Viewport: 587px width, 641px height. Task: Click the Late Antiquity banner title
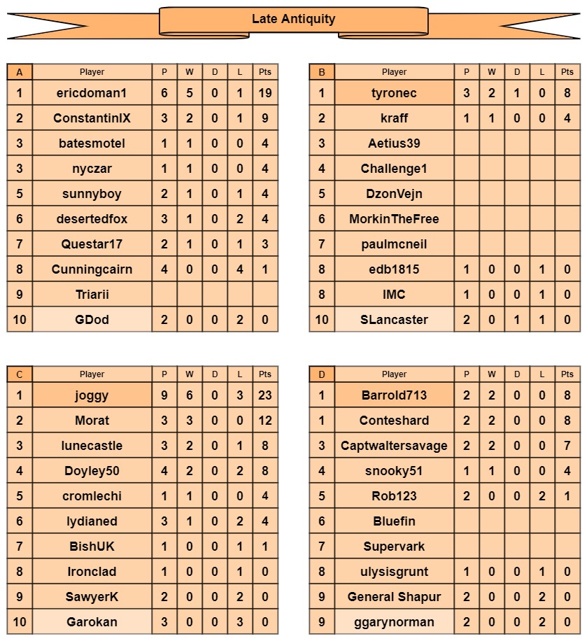293,20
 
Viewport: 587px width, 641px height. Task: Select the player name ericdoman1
92,93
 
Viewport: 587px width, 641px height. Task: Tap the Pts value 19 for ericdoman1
265,93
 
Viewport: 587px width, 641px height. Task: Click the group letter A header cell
20,72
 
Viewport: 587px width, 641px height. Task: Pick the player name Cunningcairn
92,269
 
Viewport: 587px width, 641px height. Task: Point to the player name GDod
92,320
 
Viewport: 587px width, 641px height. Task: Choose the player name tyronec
394,93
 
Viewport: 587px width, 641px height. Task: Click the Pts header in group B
567,72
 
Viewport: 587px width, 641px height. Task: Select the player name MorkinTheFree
394,219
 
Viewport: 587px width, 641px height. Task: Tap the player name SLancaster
394,320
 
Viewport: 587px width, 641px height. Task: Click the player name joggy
92,395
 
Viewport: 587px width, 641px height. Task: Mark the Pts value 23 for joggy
265,395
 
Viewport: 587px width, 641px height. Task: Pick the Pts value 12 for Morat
265,421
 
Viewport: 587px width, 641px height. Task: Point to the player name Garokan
92,622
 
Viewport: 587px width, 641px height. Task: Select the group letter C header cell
20,374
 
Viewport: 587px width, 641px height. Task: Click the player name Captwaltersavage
394,446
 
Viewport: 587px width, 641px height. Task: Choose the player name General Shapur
394,597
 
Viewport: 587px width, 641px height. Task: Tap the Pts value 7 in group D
567,446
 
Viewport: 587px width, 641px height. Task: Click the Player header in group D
394,374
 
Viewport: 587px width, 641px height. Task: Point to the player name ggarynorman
394,622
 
